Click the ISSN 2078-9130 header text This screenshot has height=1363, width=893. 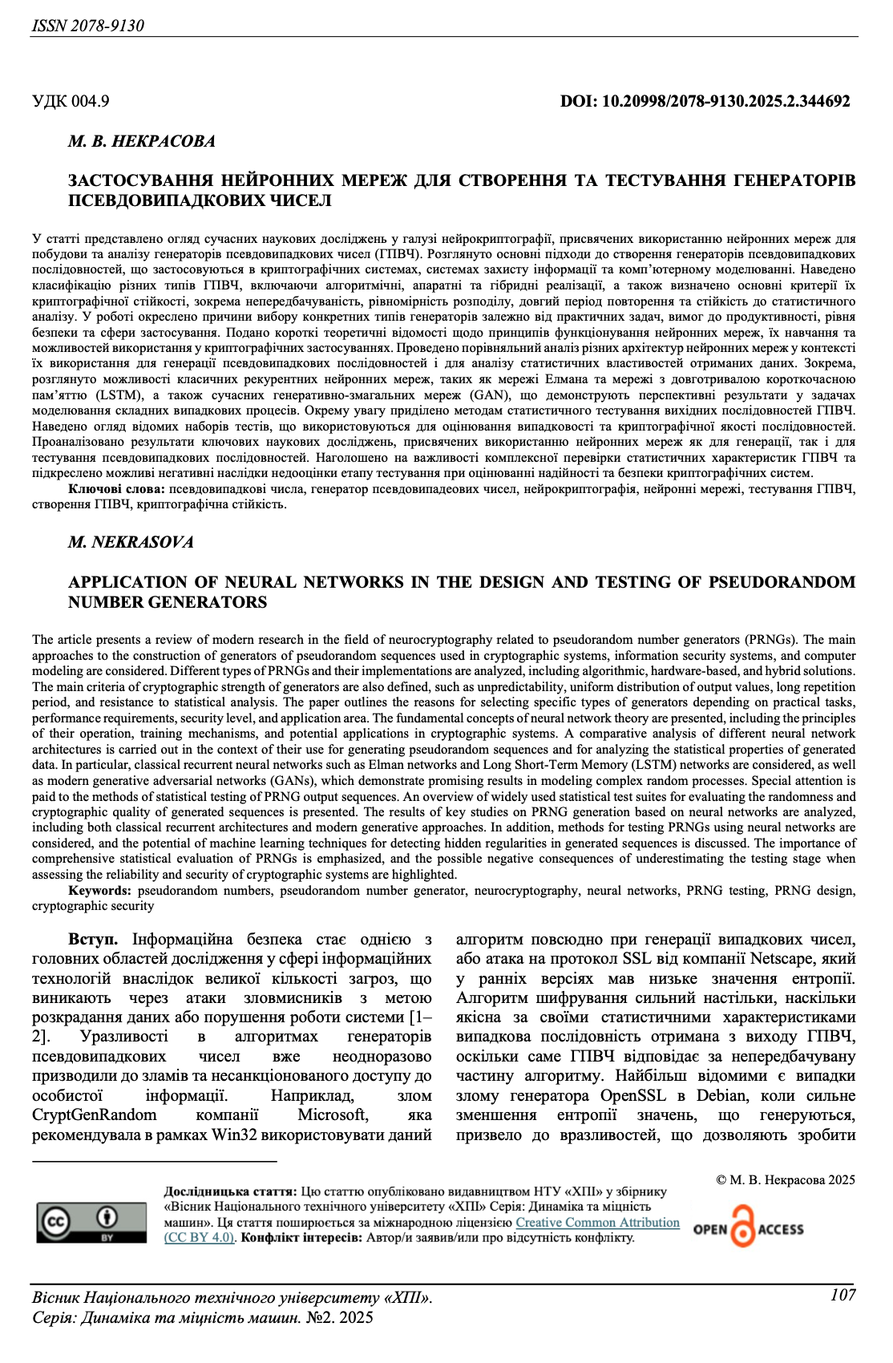coord(88,26)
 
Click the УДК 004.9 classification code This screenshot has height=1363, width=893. coord(71,101)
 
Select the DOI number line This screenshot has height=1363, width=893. coord(705,101)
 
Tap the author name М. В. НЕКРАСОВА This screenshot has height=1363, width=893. coord(142,142)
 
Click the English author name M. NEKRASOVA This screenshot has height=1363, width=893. coord(131,543)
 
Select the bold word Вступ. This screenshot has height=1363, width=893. coord(93,940)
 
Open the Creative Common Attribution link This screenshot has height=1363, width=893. coord(597,1223)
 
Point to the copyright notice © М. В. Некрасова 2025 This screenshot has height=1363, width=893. coord(785,1180)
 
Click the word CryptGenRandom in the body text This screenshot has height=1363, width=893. coord(95,1115)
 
